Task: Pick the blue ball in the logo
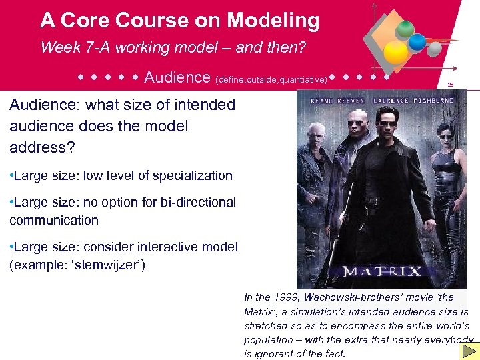[x=417, y=41]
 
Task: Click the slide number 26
[x=451, y=85]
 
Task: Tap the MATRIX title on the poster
[x=382, y=271]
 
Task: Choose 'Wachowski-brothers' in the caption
[x=353, y=297]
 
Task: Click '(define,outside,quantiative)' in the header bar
[x=271, y=79]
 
